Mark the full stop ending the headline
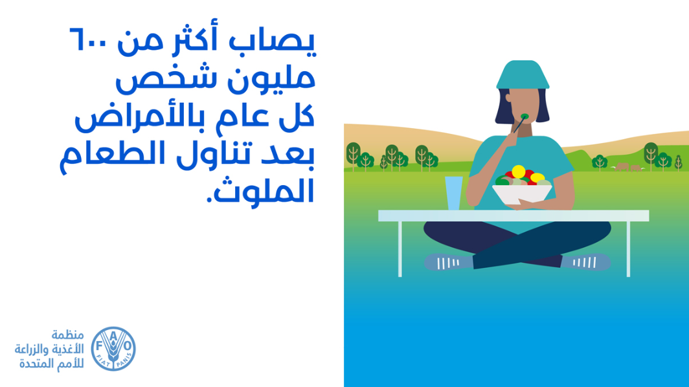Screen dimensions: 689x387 coord(210,199)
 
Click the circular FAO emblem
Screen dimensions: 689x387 coord(113,348)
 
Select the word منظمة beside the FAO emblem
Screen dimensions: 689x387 coord(67,335)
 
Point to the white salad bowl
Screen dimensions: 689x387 coord(522,193)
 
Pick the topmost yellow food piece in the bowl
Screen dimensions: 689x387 coord(519,171)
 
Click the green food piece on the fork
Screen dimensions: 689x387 coord(525,116)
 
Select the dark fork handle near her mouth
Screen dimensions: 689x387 coord(519,125)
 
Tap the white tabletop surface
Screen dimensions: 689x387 coord(514,216)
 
